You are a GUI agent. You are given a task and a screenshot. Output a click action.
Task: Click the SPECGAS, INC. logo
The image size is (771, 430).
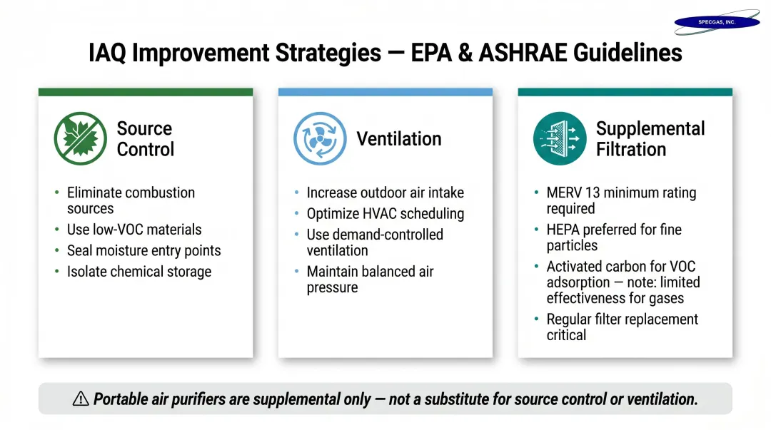(716, 22)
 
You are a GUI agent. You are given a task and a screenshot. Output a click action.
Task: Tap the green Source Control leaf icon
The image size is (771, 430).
(81, 138)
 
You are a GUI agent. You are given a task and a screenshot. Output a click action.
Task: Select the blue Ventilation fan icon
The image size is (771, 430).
(320, 138)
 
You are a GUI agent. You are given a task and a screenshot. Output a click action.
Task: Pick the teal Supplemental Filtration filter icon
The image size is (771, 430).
(560, 138)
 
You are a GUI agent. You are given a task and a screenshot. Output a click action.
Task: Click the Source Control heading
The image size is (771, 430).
(145, 139)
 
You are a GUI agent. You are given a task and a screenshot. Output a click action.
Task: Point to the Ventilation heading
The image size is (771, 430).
(399, 138)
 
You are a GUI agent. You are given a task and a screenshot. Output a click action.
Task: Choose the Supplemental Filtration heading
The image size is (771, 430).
(650, 139)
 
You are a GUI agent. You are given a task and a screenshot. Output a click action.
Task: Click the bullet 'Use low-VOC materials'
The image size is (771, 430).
(134, 230)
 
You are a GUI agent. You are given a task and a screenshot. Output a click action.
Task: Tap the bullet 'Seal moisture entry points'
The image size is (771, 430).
(143, 251)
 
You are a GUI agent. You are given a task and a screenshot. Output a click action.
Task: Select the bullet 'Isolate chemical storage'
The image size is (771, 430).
(139, 272)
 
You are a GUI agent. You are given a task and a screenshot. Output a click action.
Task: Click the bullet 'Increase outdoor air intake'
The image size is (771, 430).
(385, 193)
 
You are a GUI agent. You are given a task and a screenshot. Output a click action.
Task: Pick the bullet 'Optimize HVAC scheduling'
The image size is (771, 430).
(385, 214)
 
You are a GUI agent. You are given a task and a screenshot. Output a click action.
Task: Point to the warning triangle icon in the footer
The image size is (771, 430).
(81, 399)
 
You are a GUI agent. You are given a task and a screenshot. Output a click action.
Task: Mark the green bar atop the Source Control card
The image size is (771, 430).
(145, 92)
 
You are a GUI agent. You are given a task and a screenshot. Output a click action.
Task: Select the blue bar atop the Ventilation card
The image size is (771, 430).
(385, 92)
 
